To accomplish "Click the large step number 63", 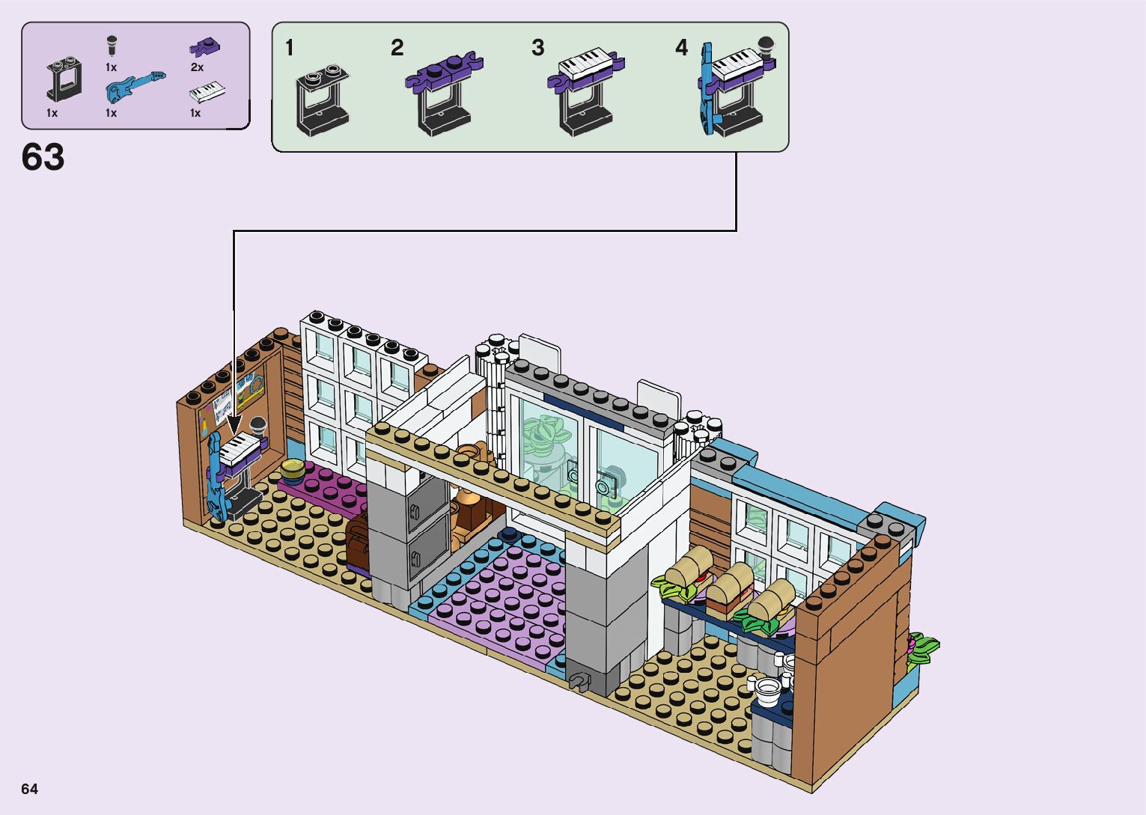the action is (x=43, y=158).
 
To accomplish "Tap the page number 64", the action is (x=29, y=789).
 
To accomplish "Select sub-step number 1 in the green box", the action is (x=290, y=49).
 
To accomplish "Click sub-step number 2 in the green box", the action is (x=397, y=49).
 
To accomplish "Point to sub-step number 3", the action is (x=537, y=49).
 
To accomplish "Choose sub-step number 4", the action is (x=681, y=49).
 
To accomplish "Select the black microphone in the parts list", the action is (x=112, y=45).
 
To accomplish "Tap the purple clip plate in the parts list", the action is (x=204, y=48).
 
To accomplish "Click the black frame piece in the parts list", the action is (x=65, y=79).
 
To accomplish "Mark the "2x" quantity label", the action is (x=197, y=67).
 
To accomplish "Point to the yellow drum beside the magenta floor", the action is (x=293, y=471).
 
